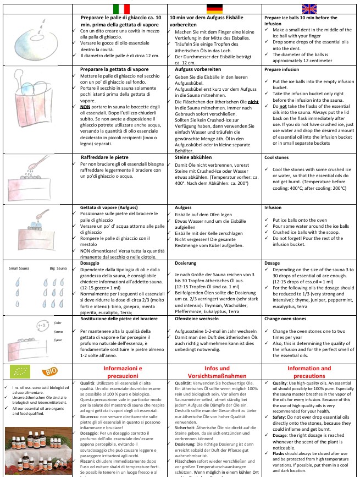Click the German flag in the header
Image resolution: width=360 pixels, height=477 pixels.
click(x=215, y=9)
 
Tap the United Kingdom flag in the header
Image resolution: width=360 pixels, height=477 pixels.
click(x=309, y=9)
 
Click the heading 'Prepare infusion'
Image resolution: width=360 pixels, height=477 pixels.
click(x=282, y=70)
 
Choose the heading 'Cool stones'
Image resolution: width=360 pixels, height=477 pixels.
click(x=277, y=157)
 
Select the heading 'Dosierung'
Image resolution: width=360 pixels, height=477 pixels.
click(x=185, y=264)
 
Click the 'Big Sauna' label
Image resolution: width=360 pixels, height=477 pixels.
click(x=58, y=268)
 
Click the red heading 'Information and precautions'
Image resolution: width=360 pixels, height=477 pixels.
click(x=309, y=372)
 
